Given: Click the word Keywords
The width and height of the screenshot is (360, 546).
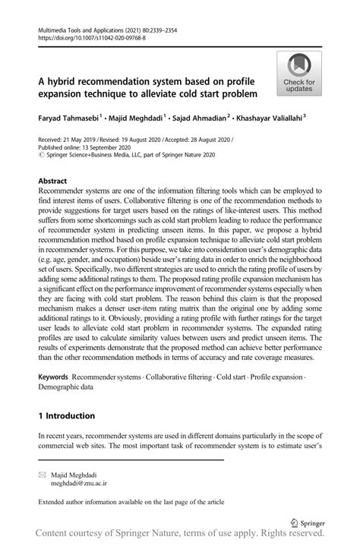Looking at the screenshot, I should (x=53, y=377).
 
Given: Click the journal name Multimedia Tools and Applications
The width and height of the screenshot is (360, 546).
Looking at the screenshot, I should (x=82, y=28).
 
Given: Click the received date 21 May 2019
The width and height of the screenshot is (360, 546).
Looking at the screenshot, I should (x=81, y=142).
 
